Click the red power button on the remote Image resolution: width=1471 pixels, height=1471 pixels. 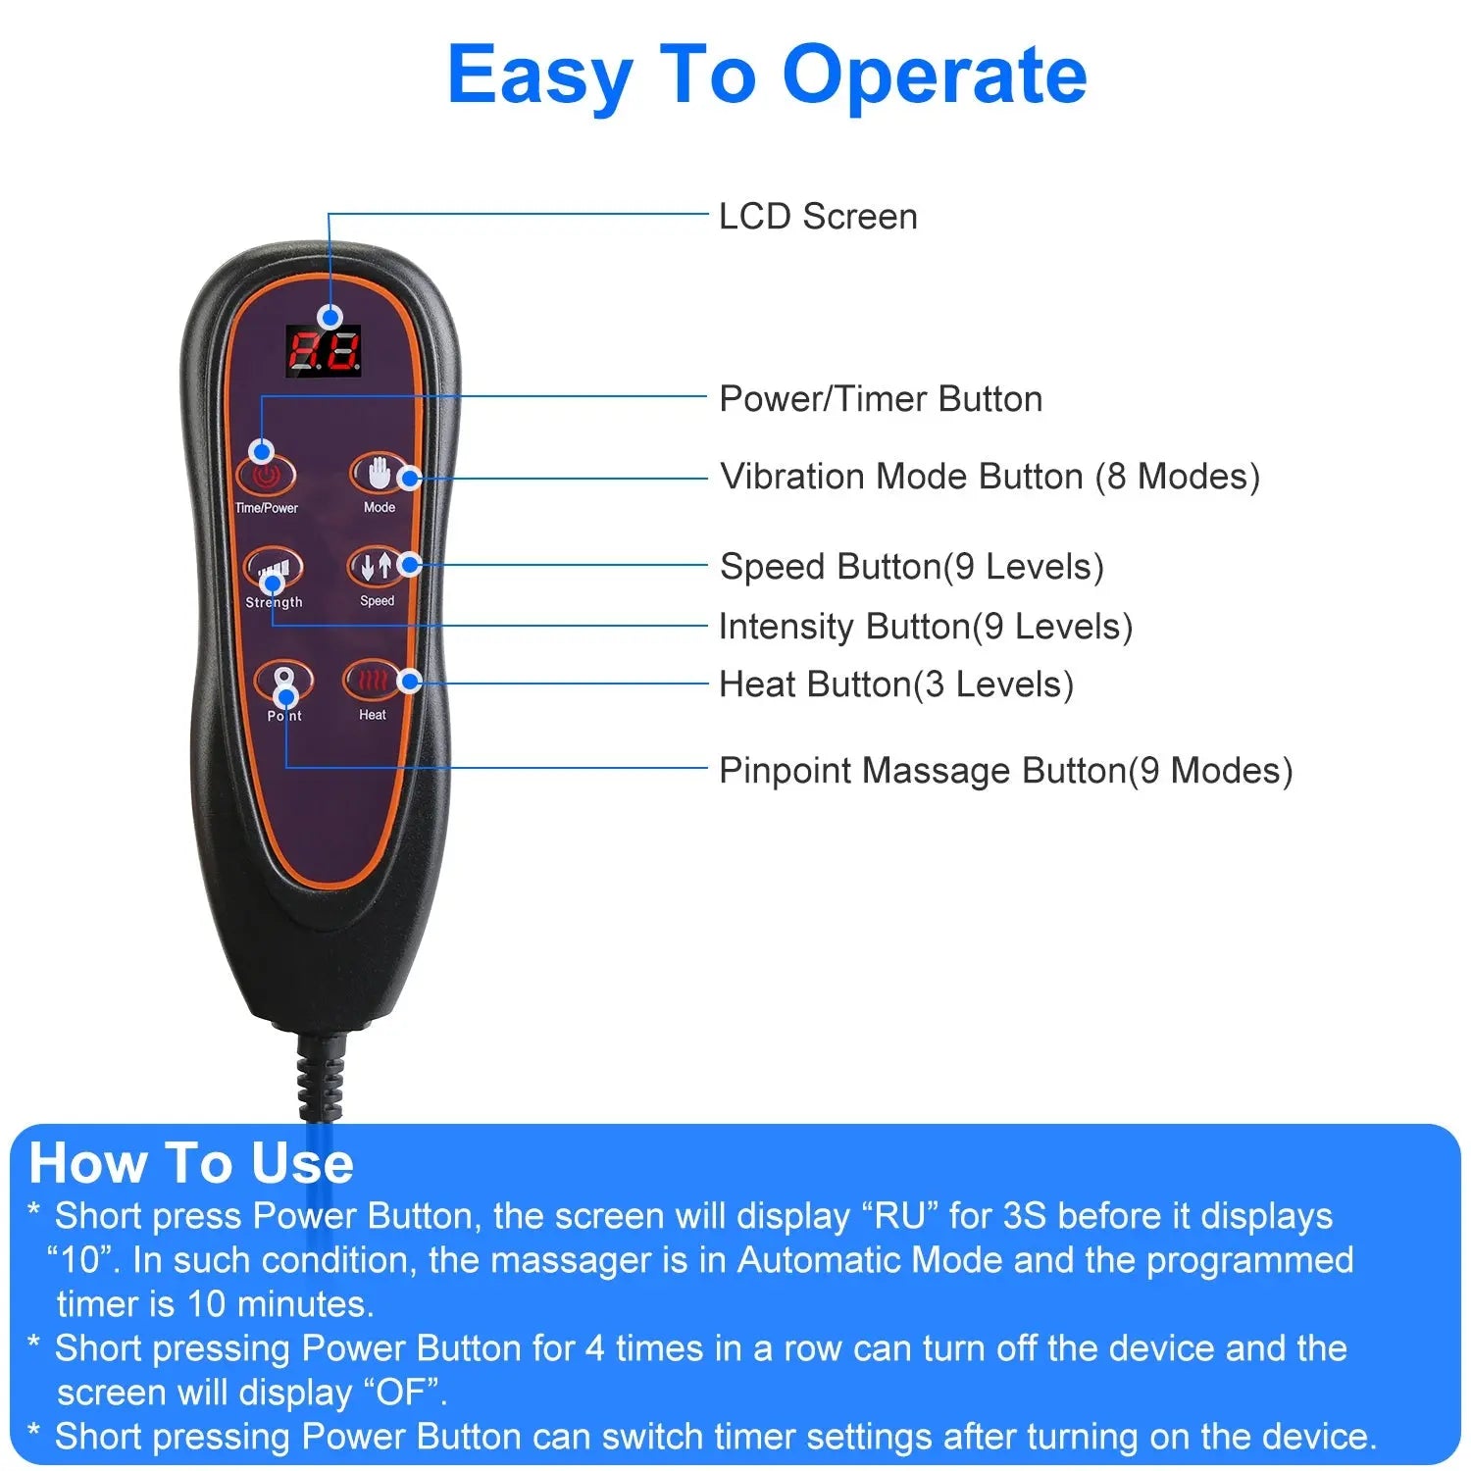(266, 477)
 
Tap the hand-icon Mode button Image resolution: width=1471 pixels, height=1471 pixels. (378, 475)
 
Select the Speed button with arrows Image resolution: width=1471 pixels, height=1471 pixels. (376, 567)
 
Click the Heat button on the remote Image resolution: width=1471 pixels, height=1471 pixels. (372, 680)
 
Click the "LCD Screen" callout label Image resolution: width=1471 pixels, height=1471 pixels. (818, 217)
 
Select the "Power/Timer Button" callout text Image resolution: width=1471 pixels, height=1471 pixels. (881, 399)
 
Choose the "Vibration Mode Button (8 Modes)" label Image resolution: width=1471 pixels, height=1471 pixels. (989, 477)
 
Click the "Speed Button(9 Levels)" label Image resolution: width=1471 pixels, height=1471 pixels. (912, 567)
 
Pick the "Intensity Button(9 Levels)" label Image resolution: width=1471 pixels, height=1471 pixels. (926, 627)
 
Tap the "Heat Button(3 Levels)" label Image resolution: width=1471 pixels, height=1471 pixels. (896, 685)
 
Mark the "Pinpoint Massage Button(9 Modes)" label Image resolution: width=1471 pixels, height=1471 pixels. (1005, 771)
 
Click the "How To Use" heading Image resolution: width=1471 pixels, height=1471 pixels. (191, 1163)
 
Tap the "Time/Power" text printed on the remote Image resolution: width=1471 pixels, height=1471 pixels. (267, 508)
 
